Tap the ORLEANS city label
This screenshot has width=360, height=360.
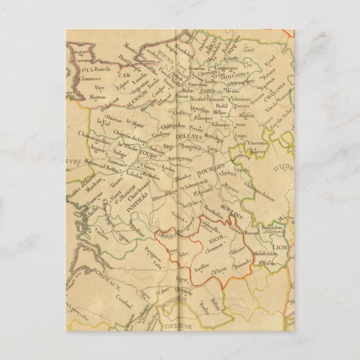[x=187, y=136]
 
